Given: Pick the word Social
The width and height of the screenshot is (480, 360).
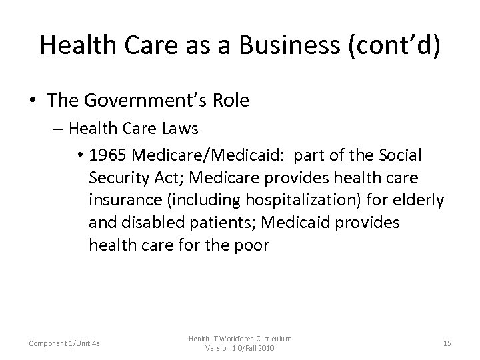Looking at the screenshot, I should pyautogui.click(x=397, y=155).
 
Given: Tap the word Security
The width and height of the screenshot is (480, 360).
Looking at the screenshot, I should pyautogui.click(x=118, y=178).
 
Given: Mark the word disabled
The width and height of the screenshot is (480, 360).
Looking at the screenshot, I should pyautogui.click(x=149, y=223).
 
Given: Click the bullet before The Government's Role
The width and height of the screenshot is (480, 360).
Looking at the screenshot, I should pyautogui.click(x=33, y=101).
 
